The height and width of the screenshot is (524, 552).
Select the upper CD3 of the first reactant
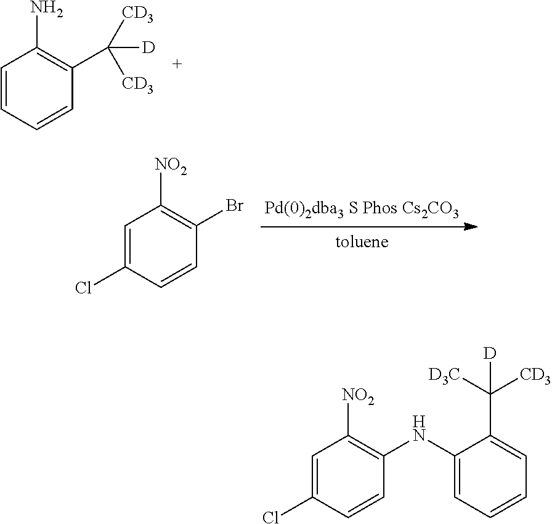137,14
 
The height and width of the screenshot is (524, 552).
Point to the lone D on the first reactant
148,47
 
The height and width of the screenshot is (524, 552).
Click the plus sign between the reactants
177,64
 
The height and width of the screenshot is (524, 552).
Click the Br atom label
234,206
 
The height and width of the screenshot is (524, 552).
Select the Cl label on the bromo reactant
83,288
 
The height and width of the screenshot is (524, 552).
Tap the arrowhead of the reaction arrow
471,227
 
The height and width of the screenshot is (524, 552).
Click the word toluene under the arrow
362,242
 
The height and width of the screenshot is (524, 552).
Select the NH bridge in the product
420,428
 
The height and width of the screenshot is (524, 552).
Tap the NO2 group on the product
358,396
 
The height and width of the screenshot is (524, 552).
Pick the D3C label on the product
444,375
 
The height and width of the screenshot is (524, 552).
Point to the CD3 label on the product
535,375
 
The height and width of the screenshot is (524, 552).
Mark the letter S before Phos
354,208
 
